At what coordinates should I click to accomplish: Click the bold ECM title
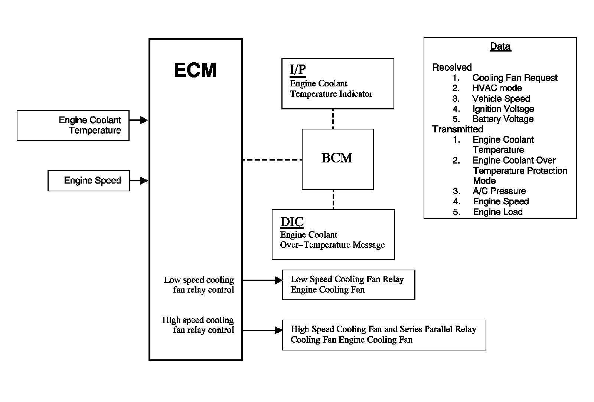(195, 70)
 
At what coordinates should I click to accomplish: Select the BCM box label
(337, 158)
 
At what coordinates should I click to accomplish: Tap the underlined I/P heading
(298, 70)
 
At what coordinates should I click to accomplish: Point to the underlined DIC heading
(292, 222)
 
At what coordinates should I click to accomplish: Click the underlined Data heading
(500, 46)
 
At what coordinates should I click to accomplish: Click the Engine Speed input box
(89, 181)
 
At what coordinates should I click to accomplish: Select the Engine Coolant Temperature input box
(73, 125)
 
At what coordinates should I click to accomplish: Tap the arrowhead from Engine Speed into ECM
(144, 181)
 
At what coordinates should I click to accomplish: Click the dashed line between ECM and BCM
(272, 160)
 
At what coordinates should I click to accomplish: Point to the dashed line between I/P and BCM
(333, 119)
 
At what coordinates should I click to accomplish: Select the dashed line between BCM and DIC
(333, 200)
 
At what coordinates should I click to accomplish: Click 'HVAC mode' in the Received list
(497, 88)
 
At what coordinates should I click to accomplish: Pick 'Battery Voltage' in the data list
(503, 119)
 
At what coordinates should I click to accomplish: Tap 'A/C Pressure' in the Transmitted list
(499, 191)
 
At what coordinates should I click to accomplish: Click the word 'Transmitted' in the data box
(457, 129)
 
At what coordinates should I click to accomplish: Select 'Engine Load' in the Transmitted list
(497, 212)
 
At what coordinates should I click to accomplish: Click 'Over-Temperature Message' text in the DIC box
(332, 245)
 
